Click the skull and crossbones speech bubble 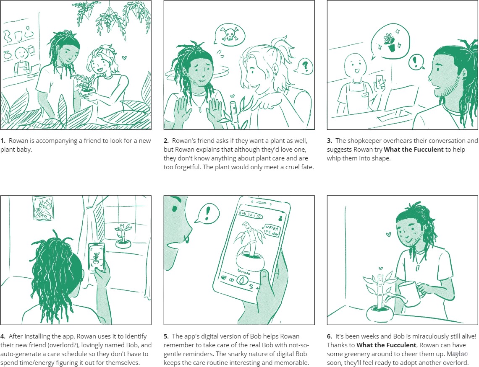tap(229, 34)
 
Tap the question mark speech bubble tap(304, 66)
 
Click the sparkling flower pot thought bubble tap(390, 41)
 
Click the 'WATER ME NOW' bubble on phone tap(271, 230)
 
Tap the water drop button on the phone tap(242, 279)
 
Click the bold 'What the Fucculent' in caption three tap(414, 150)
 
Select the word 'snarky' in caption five tap(253, 354)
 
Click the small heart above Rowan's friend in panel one tap(124, 57)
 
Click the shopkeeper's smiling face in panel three tap(355, 67)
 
